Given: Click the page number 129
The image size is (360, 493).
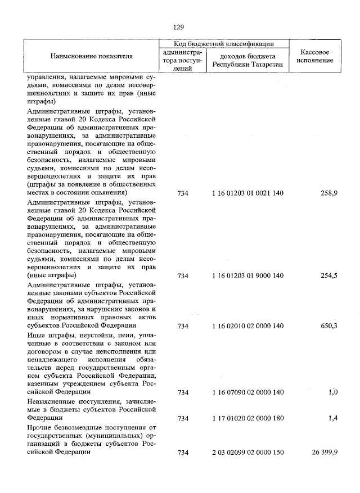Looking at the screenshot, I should click(x=179, y=26).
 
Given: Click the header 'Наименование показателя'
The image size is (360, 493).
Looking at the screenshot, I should click(x=91, y=56).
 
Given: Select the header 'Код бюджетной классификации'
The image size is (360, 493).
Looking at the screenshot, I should click(x=224, y=43).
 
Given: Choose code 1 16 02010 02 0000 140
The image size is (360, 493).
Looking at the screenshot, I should click(x=248, y=325).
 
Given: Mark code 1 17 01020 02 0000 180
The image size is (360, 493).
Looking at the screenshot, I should click(x=248, y=419).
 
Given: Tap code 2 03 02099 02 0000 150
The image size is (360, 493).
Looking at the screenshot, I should click(x=248, y=453).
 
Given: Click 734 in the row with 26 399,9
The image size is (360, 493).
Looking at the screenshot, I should click(x=183, y=453).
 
